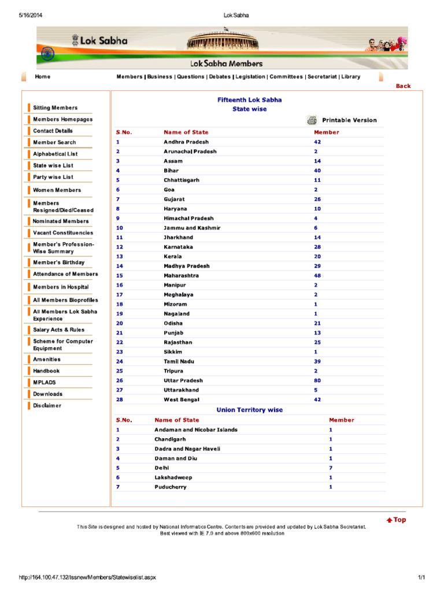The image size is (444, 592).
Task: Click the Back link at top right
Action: [403, 86]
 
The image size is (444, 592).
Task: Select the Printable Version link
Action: [349, 120]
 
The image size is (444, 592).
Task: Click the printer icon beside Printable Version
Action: [312, 120]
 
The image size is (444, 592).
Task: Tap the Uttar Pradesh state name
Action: [183, 380]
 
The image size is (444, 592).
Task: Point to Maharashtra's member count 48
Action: [317, 276]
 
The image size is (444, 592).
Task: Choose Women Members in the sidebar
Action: [57, 190]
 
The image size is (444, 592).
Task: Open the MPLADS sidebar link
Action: [45, 383]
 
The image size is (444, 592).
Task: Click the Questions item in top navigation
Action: [190, 77]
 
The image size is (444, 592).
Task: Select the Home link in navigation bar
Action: [42, 77]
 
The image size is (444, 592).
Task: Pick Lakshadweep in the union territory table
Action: [173, 478]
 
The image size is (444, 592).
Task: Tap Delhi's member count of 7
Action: [331, 468]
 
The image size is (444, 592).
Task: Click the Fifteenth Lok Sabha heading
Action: [249, 100]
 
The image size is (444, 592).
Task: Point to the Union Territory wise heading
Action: [249, 410]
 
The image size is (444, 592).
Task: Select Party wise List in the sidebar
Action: [53, 177]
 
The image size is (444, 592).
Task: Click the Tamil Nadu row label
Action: [179, 361]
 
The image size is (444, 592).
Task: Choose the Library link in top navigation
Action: [350, 77]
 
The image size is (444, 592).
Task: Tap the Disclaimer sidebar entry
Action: [47, 406]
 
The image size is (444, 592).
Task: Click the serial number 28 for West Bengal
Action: [119, 399]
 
